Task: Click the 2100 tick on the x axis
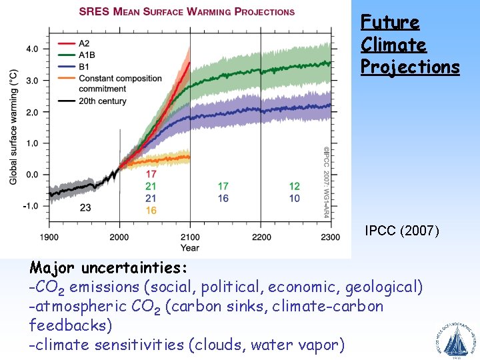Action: [x=190, y=237]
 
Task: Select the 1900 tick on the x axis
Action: [x=49, y=237]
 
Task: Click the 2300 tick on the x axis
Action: [x=331, y=237]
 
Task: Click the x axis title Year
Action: [x=189, y=248]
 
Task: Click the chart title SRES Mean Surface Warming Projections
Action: [x=187, y=11]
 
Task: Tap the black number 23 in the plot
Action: [x=85, y=207]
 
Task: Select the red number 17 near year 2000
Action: [x=151, y=174]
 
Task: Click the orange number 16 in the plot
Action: [x=151, y=210]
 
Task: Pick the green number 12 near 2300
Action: [x=294, y=186]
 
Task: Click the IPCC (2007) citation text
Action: [x=402, y=231]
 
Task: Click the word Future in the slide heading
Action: [x=390, y=22]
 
